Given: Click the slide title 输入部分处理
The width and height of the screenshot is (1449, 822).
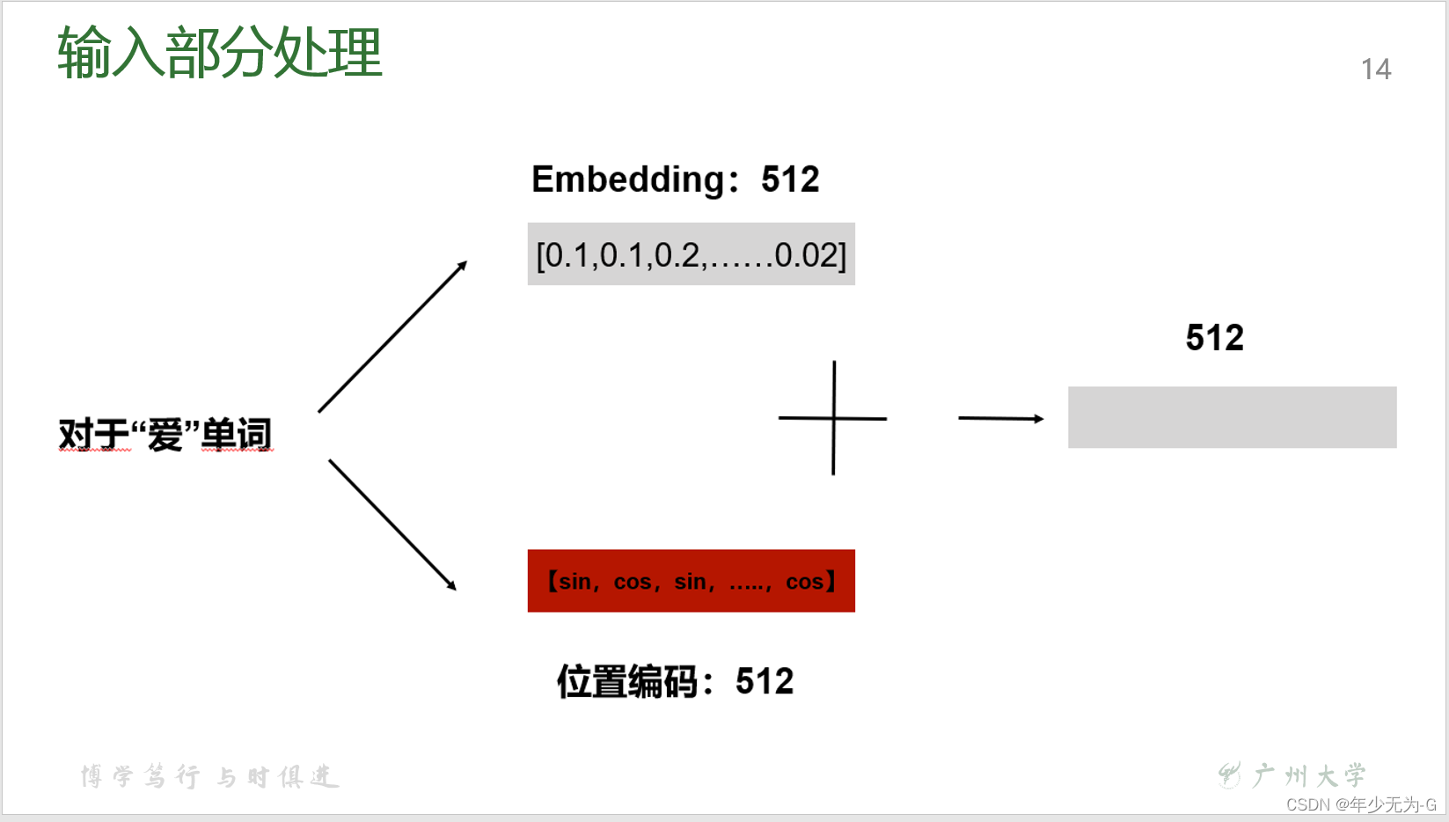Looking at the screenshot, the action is (x=220, y=53).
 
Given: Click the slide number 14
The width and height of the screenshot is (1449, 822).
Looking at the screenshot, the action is (x=1376, y=70).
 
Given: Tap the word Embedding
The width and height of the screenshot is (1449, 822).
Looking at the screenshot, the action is (x=628, y=180).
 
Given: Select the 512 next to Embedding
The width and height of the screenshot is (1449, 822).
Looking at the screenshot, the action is (x=790, y=180).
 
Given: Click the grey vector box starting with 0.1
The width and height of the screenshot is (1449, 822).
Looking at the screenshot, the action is (x=691, y=254).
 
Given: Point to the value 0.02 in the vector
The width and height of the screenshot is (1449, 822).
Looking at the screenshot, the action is (x=808, y=255).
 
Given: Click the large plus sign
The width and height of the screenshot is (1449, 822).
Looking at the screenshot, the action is (x=833, y=418).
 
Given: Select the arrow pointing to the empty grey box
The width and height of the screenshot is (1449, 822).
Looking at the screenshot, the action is (x=1000, y=418).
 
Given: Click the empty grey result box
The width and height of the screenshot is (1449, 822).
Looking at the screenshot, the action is (x=1232, y=417).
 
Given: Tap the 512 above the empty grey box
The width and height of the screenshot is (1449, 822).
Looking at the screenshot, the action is (x=1214, y=338).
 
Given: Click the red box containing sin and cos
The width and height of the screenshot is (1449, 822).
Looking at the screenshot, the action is (x=691, y=581).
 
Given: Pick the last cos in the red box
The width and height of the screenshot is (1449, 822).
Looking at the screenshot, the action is (x=804, y=582).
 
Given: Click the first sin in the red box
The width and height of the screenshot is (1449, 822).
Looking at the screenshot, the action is (x=574, y=582).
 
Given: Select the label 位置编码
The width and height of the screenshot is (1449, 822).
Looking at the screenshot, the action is (x=627, y=682).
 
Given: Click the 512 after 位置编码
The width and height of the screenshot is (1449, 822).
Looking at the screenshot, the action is (x=765, y=682).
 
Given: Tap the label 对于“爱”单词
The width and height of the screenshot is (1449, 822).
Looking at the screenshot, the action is (x=165, y=435).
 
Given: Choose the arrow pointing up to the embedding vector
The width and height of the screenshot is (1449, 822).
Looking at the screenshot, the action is (x=392, y=336).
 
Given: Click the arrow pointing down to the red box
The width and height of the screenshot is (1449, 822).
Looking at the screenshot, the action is (x=392, y=525).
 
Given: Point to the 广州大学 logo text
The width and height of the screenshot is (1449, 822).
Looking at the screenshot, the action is (x=1308, y=775).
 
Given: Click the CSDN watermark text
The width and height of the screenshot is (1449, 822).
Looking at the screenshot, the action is (x=1360, y=804).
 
